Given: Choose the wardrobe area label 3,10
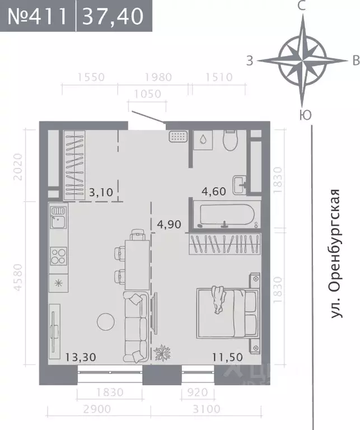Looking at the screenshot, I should click(101, 193).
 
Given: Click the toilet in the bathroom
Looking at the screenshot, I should click(231, 141).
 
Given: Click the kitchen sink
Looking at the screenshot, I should click(58, 219).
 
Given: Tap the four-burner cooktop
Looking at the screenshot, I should click(58, 255).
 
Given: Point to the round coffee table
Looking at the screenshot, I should click(105, 321).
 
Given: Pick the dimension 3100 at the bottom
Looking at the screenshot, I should click(207, 409).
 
